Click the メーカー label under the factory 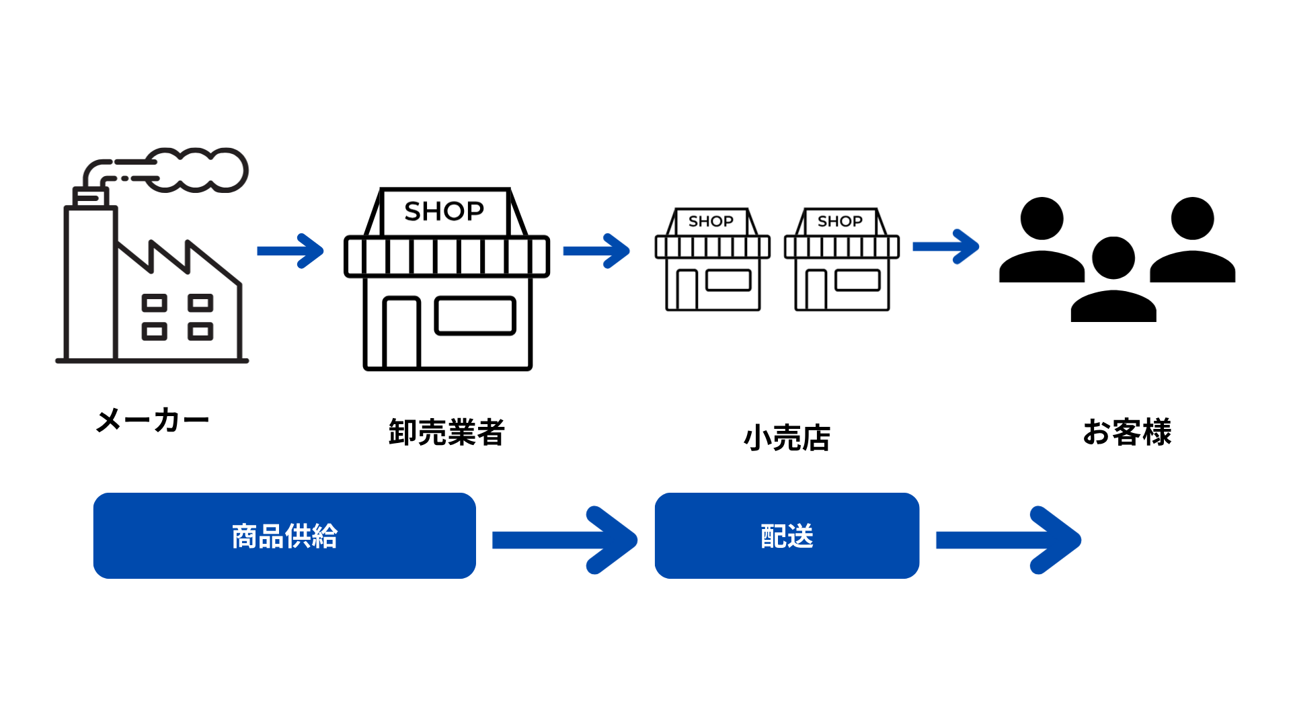point(153,421)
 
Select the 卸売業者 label point(446,432)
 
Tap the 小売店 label point(787,438)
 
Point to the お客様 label point(1127,432)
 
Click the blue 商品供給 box point(284,536)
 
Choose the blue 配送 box point(787,536)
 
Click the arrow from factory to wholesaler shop point(290,251)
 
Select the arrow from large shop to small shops point(596,251)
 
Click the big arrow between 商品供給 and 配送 point(565,540)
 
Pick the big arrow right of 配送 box point(1009,540)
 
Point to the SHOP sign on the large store point(444,211)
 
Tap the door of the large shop point(401,333)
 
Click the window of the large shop point(475,316)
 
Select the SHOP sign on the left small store point(711,221)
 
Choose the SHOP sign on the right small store point(840,221)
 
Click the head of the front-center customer point(1113,258)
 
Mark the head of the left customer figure point(1042,218)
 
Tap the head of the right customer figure point(1192,218)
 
